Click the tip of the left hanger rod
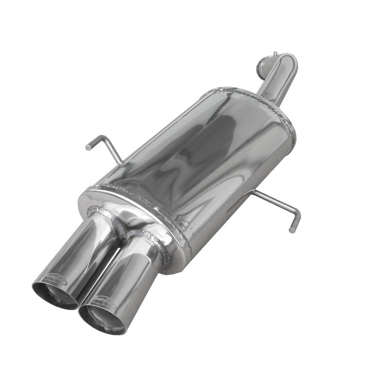pyautogui.click(x=88, y=146)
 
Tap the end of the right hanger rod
pyautogui.click(x=292, y=228)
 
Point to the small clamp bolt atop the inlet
pyautogui.click(x=276, y=53)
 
